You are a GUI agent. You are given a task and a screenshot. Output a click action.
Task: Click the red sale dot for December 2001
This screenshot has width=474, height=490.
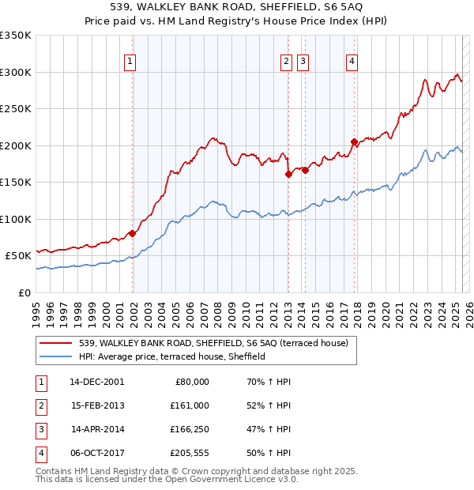(133, 233)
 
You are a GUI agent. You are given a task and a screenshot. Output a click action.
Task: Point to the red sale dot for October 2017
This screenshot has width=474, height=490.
(354, 142)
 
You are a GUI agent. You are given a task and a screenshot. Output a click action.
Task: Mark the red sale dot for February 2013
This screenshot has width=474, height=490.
(288, 175)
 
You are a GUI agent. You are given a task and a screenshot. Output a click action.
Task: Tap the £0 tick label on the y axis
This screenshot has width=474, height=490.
(24, 292)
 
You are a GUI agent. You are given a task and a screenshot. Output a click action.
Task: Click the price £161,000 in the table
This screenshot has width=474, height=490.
(190, 405)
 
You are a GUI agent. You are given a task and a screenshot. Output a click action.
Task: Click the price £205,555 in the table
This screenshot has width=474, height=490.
(190, 453)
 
